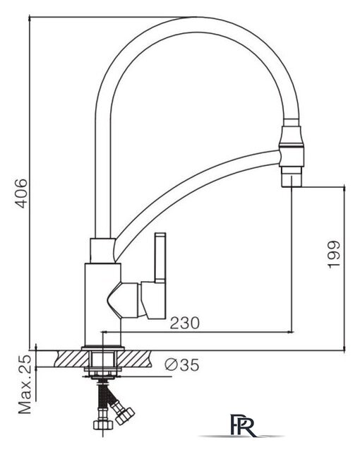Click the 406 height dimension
tap(22, 193)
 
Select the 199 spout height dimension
tap(334, 254)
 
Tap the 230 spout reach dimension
tap(185, 323)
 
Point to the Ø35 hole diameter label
tap(181, 364)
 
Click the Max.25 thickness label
tap(25, 384)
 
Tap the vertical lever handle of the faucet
tap(160, 257)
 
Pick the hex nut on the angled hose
tap(126, 416)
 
